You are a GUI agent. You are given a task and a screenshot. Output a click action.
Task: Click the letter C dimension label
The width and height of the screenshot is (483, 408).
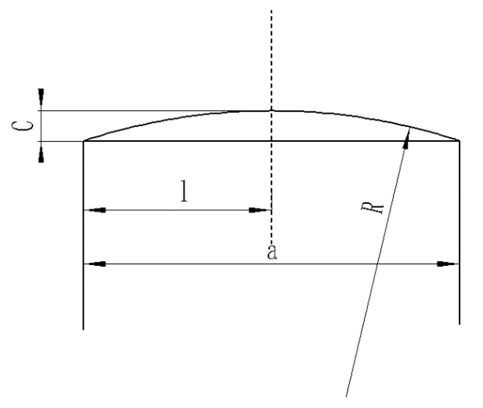click(22, 126)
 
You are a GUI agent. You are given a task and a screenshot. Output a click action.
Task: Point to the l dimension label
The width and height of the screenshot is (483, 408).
click(184, 191)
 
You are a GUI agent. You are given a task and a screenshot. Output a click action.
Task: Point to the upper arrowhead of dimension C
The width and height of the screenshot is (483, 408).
click(41, 95)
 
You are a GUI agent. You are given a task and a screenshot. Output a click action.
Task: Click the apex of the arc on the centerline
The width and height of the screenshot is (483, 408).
click(272, 111)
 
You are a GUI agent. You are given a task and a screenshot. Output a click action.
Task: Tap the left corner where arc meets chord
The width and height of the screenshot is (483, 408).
click(84, 141)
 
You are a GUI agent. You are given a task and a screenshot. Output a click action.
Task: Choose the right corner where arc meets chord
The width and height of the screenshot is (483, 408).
click(459, 141)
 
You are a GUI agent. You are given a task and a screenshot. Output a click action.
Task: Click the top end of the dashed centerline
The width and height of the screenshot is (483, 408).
click(272, 10)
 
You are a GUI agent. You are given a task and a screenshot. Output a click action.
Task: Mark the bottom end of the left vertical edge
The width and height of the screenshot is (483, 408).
click(83, 329)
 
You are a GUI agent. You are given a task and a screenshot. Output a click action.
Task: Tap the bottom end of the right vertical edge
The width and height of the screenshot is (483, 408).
click(459, 324)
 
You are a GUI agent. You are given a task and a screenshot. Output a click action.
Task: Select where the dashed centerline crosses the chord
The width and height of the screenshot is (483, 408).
click(272, 141)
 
